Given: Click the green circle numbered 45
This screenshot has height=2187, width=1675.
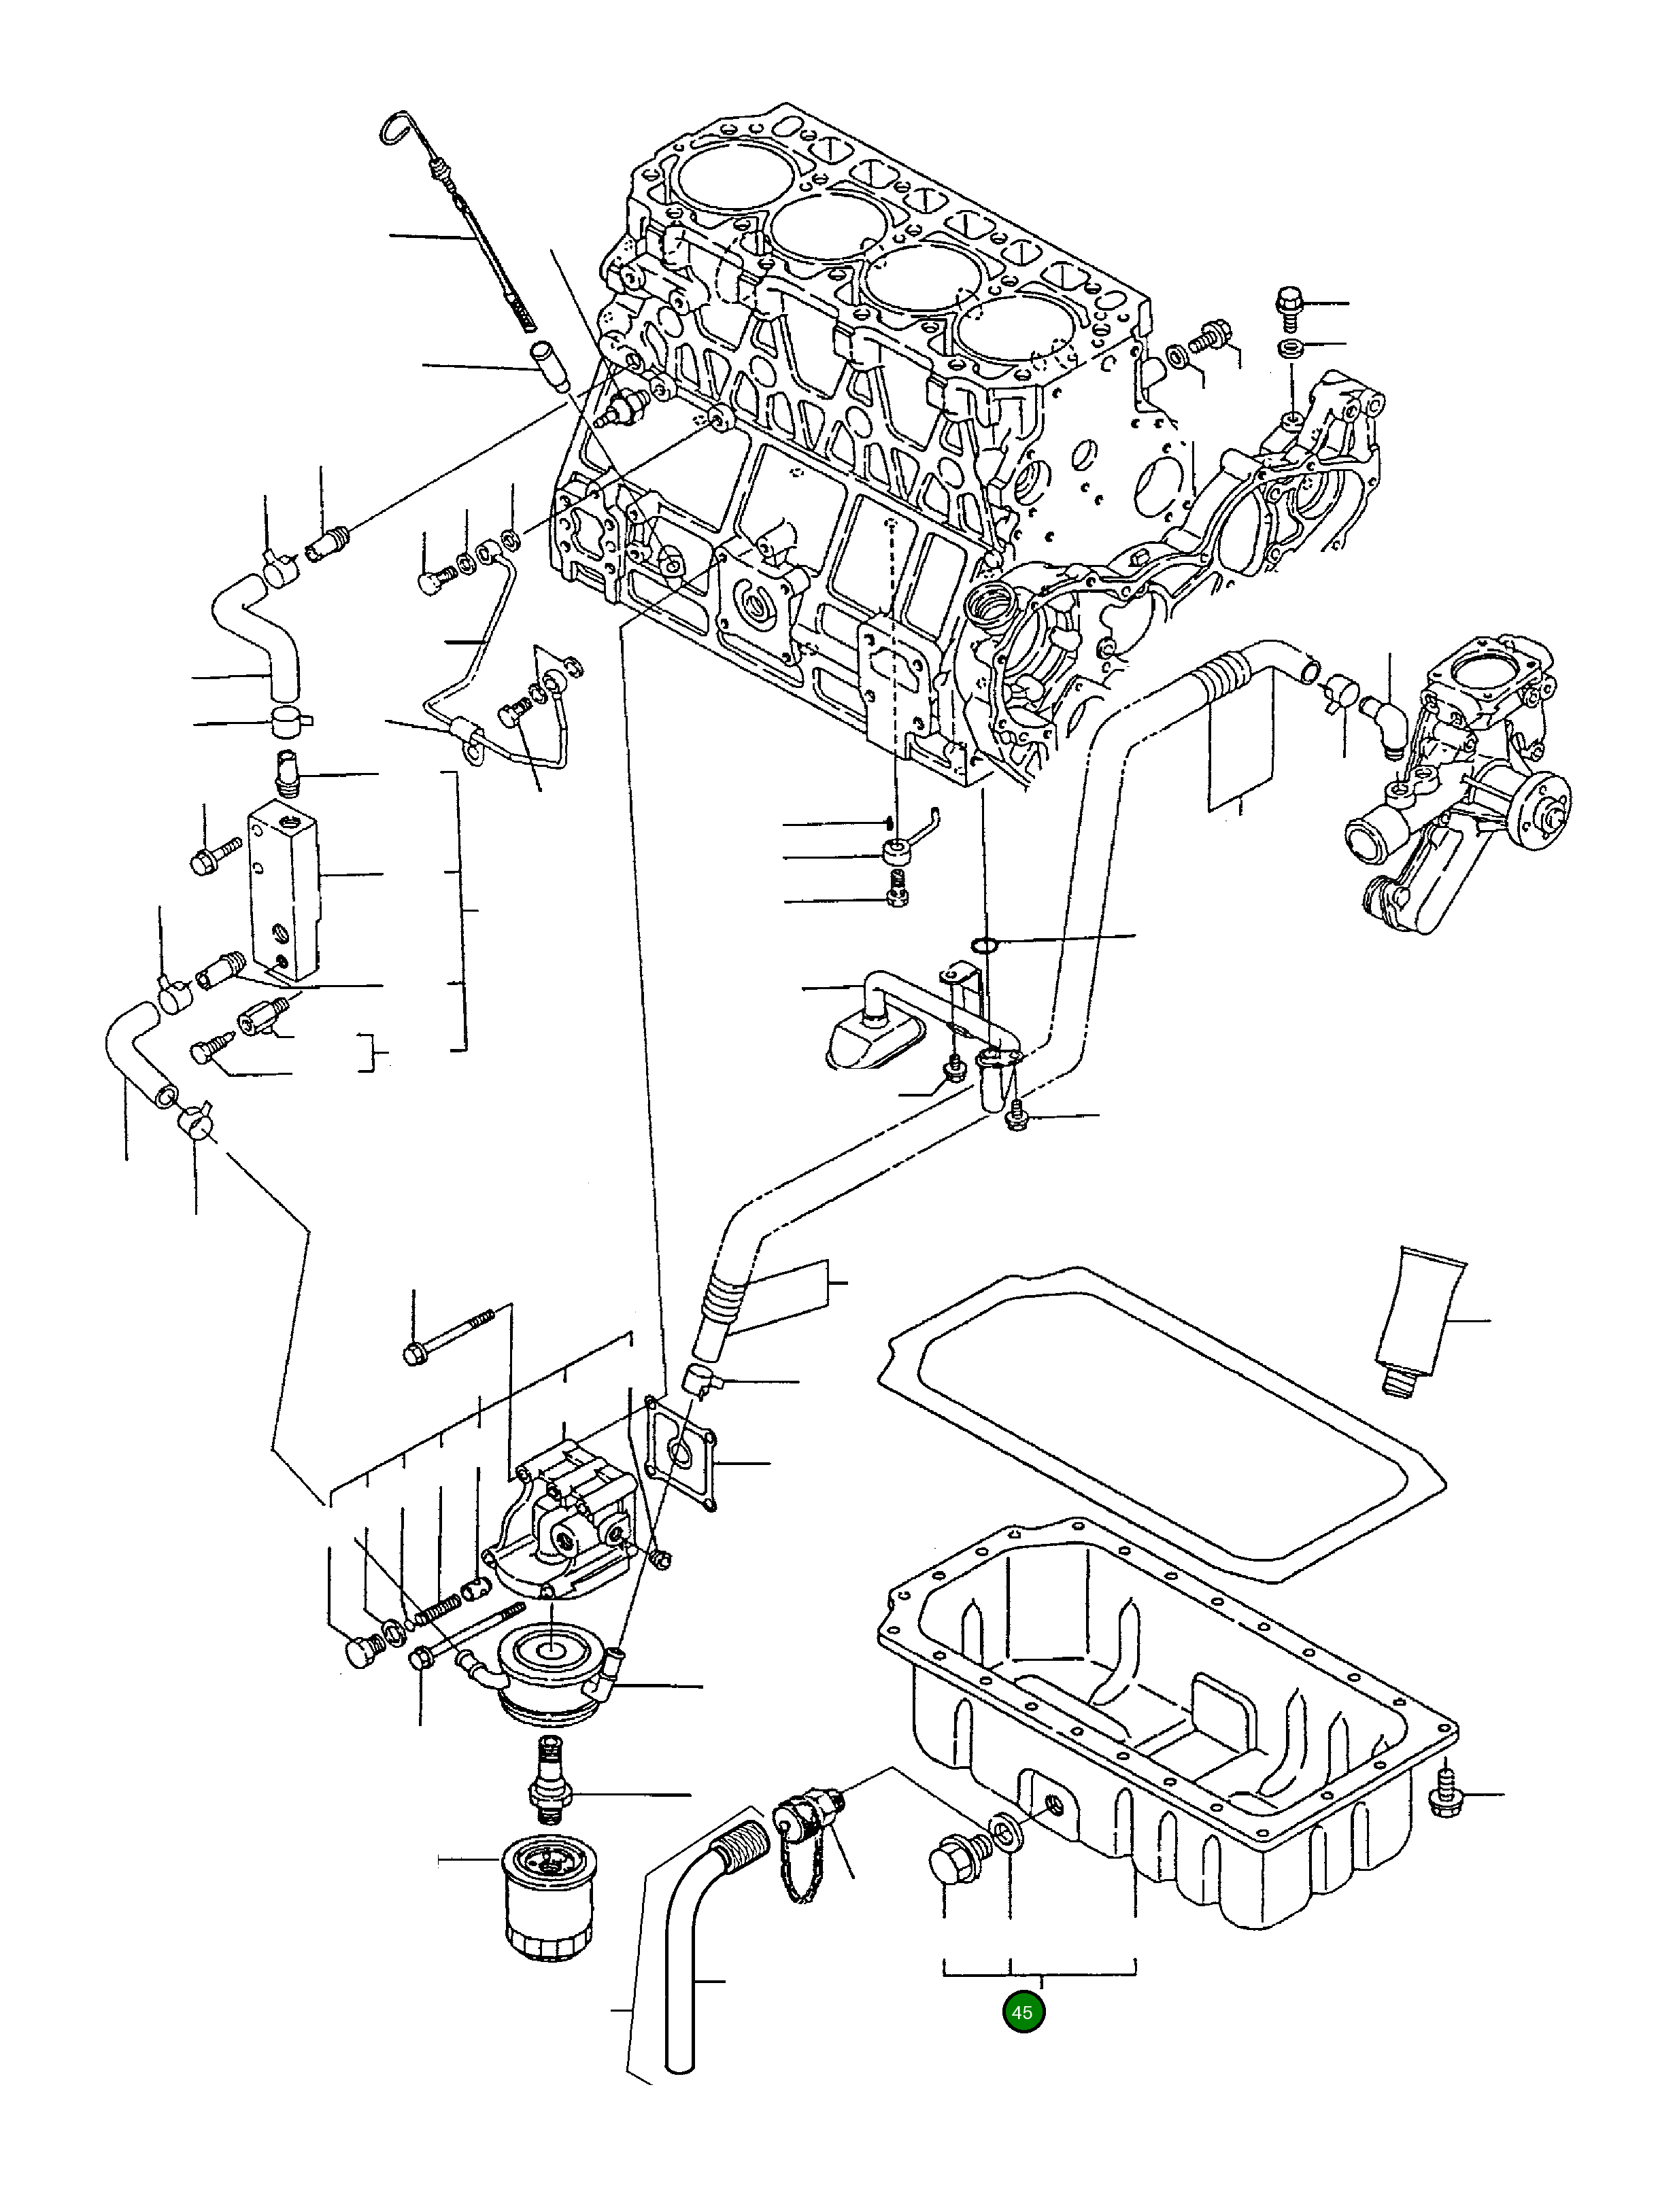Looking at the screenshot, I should pyautogui.click(x=1022, y=2012).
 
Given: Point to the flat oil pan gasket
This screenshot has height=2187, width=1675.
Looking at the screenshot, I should pyautogui.click(x=1162, y=1426).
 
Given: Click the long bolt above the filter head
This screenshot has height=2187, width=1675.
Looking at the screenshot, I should pyautogui.click(x=450, y=1336).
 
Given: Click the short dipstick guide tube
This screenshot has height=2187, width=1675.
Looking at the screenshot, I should pyautogui.click(x=548, y=366).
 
